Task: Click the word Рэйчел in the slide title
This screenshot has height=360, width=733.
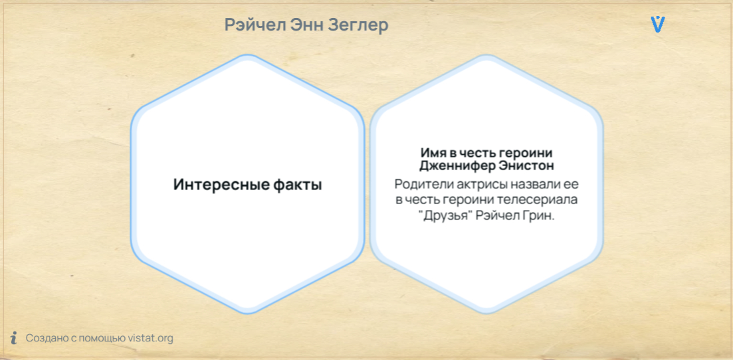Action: coord(255,25)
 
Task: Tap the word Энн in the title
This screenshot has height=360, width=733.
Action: coord(306,25)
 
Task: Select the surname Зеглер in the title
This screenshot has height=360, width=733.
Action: coord(358,25)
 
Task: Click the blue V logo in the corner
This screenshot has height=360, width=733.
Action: coord(658,25)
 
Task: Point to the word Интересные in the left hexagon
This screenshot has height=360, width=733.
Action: coord(220,185)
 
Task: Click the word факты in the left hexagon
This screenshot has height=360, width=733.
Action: coord(297,185)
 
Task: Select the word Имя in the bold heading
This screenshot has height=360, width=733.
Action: coord(431,153)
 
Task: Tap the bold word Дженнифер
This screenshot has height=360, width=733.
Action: coord(451,165)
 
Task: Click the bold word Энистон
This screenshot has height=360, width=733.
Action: coord(521,165)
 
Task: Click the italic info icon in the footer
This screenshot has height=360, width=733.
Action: coord(14,337)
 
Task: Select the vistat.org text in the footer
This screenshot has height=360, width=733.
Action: coord(151,338)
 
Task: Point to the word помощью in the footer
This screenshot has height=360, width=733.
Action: coord(102,338)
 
